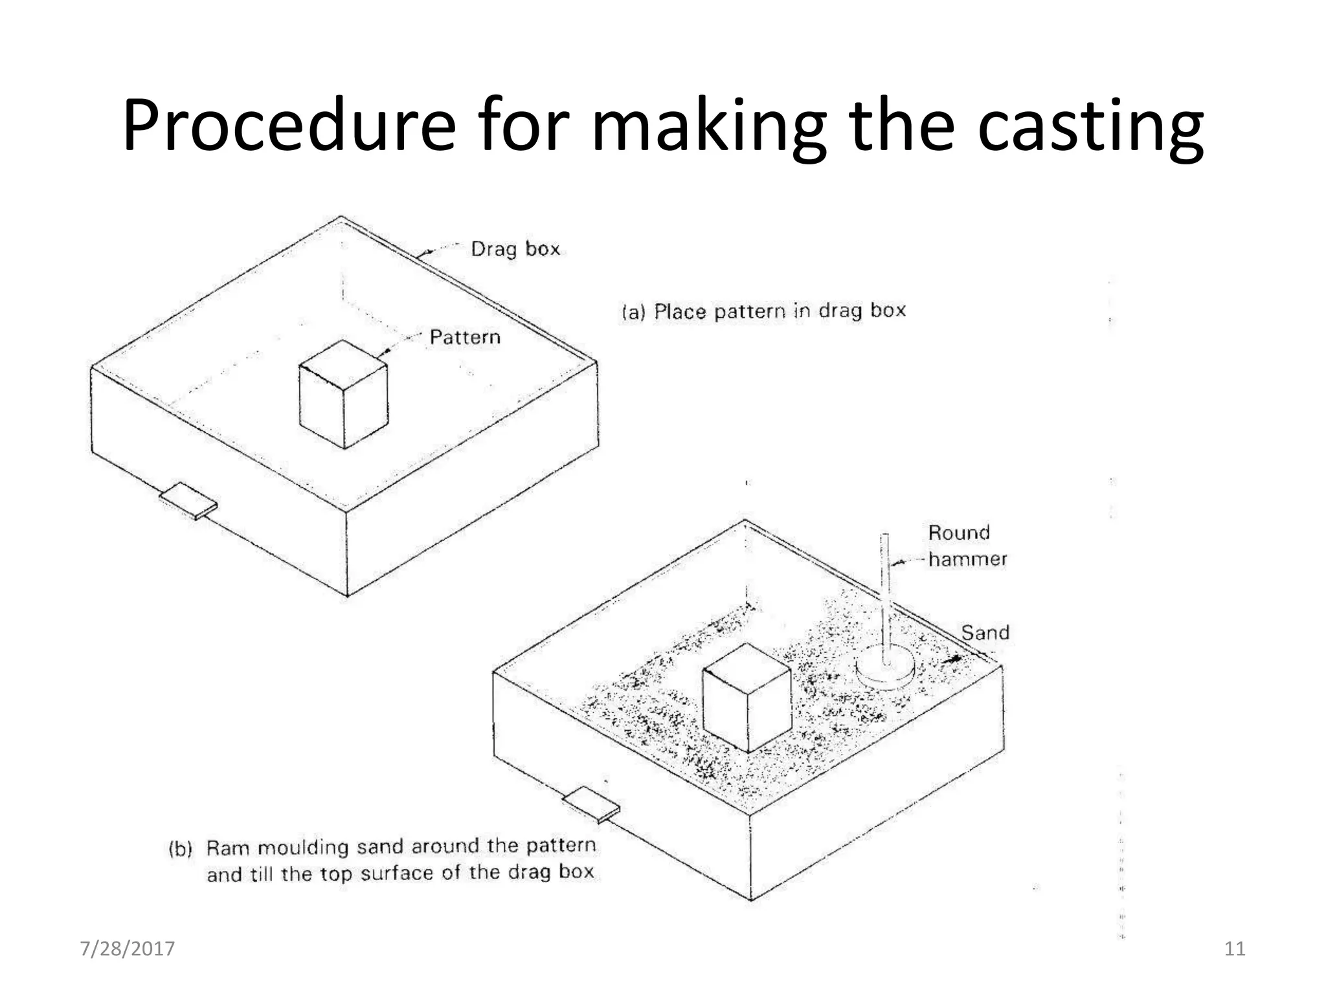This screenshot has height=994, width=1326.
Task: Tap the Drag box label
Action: click(515, 249)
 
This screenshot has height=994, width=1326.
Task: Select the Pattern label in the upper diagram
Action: click(465, 337)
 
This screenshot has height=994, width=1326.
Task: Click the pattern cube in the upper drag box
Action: click(343, 395)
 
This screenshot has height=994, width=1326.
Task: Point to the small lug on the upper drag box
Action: click(188, 501)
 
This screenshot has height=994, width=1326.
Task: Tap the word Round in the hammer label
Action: click(959, 533)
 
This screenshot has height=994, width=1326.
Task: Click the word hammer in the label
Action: click(967, 559)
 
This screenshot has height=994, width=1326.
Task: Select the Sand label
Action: click(985, 632)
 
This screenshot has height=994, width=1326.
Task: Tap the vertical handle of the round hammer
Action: click(884, 595)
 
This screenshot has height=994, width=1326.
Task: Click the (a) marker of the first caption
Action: click(634, 313)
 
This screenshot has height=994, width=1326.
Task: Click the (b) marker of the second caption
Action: click(181, 848)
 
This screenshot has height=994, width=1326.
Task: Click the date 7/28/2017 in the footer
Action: click(127, 949)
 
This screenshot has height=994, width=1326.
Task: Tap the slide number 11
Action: click(1235, 949)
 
